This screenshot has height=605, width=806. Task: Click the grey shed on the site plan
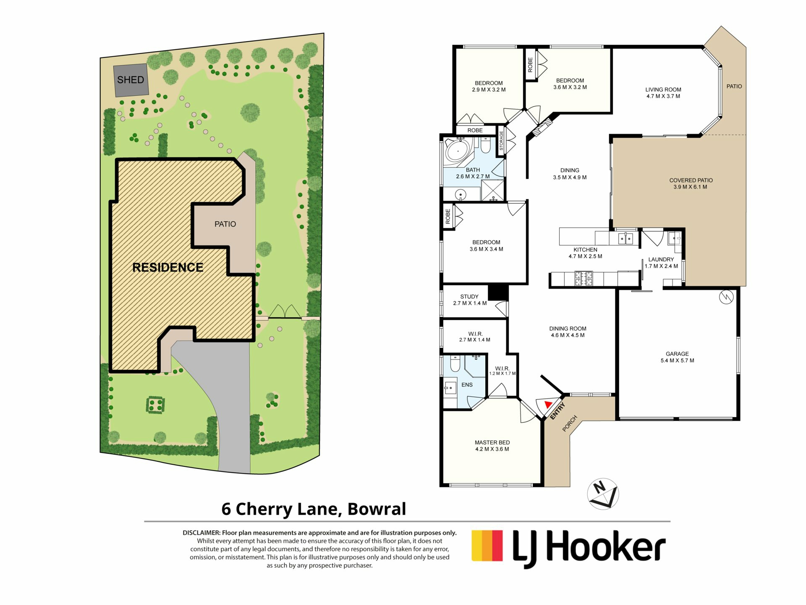[x=131, y=80]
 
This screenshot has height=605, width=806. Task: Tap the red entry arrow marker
[x=548, y=404]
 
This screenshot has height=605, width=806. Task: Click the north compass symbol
[x=603, y=494]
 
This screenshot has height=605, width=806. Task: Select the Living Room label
[x=663, y=89]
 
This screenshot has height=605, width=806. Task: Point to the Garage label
[x=677, y=354]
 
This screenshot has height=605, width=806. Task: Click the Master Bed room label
[x=492, y=442]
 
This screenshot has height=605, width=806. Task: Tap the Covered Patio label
[x=691, y=180]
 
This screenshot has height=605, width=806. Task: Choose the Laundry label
[x=661, y=260]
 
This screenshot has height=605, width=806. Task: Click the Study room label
[x=469, y=297]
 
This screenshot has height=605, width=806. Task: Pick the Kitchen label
[x=585, y=250]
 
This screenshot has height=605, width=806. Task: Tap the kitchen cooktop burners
[x=583, y=278]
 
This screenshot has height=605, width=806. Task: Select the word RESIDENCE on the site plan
[x=168, y=268]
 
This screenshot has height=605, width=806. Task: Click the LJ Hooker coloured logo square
[x=487, y=545]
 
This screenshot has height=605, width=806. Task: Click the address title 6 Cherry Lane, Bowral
[x=314, y=509]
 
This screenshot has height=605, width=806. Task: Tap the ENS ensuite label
[x=467, y=385]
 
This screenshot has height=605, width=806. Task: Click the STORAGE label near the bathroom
[x=501, y=141]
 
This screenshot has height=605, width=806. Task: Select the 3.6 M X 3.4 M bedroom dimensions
[x=486, y=249]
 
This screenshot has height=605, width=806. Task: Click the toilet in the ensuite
[x=455, y=363]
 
